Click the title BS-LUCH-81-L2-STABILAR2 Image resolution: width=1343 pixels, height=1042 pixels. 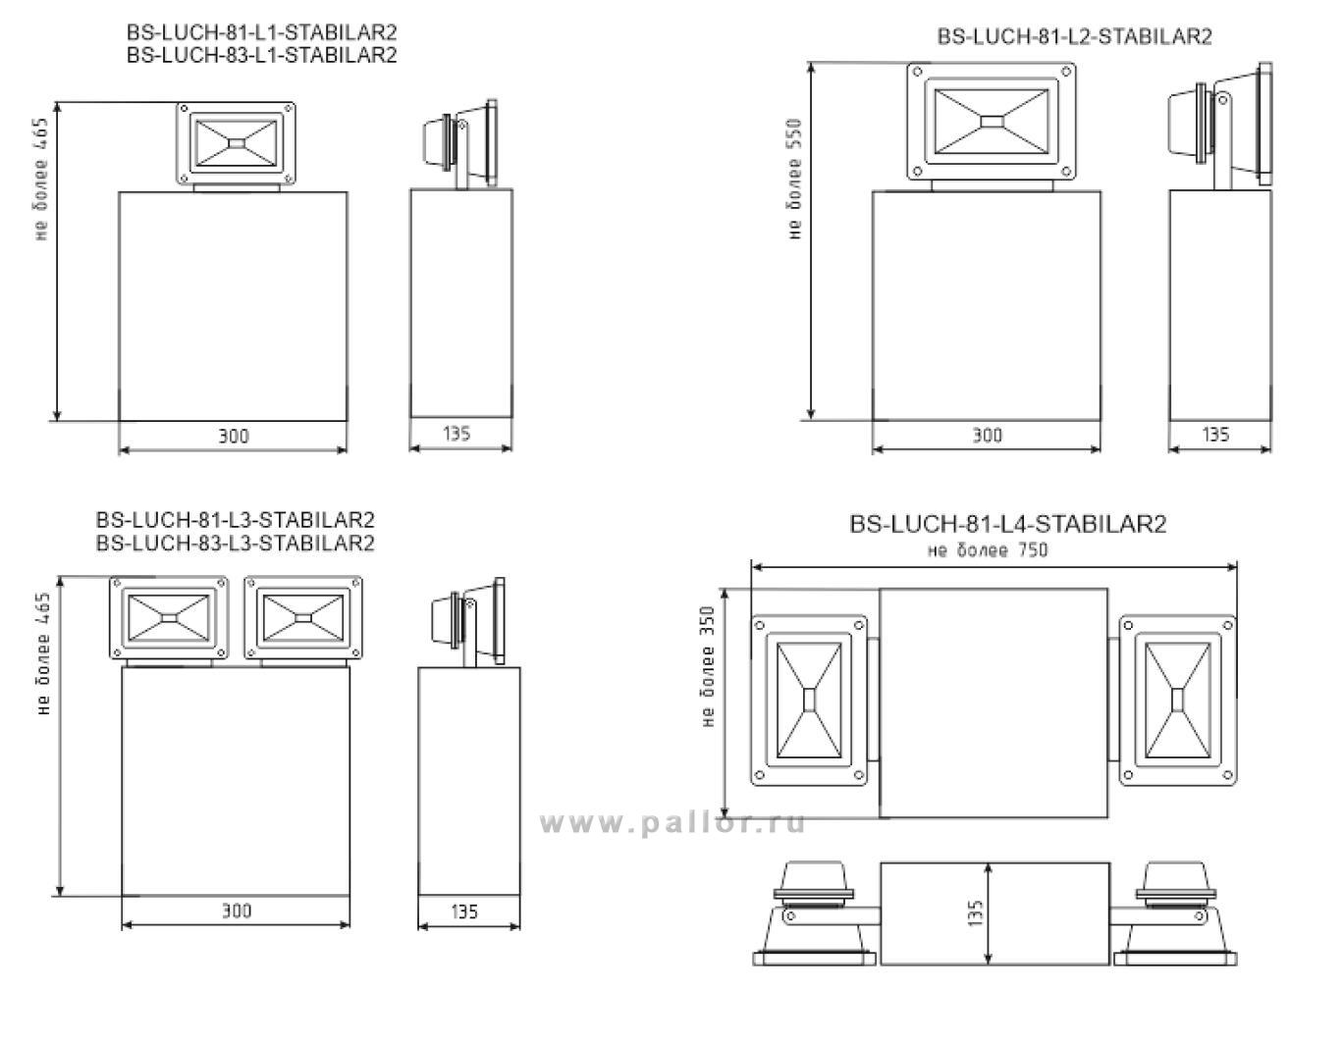1074,37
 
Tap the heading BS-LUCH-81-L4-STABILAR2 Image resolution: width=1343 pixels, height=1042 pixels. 1007,524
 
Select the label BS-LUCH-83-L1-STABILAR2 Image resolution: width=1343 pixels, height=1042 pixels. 261,55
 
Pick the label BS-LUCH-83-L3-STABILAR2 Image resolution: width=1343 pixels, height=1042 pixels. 236,544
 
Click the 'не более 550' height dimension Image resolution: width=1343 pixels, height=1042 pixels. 794,179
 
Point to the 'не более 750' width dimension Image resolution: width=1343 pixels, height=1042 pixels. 988,549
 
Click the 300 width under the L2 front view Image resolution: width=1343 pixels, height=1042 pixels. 987,436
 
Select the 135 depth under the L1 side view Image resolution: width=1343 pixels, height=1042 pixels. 457,434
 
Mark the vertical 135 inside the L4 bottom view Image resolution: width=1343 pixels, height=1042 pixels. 974,912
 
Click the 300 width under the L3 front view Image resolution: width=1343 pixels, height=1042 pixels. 236,912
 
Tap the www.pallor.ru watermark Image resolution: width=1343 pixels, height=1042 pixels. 672,824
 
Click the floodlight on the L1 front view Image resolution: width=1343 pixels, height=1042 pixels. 236,144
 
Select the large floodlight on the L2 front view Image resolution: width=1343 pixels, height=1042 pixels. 992,121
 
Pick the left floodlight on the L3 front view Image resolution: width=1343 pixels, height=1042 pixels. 169,618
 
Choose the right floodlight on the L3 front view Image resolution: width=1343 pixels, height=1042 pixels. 302,618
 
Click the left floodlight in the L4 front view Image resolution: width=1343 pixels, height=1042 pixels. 809,701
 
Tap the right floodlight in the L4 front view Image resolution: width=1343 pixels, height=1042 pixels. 1177,701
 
